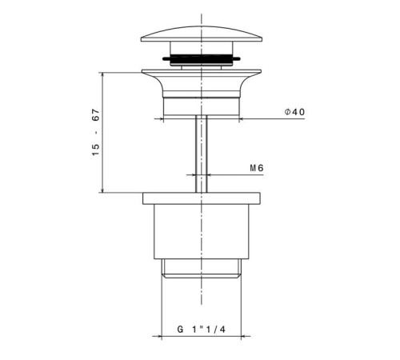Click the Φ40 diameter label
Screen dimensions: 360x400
click(x=294, y=112)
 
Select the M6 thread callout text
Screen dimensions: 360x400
click(x=257, y=168)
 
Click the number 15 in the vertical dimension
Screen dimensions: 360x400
click(x=96, y=150)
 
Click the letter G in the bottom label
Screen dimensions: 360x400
click(x=180, y=329)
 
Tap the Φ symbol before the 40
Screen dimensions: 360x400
click(x=286, y=112)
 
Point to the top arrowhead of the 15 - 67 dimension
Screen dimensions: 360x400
click(x=102, y=72)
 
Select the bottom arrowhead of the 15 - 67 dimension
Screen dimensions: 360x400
click(x=102, y=191)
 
